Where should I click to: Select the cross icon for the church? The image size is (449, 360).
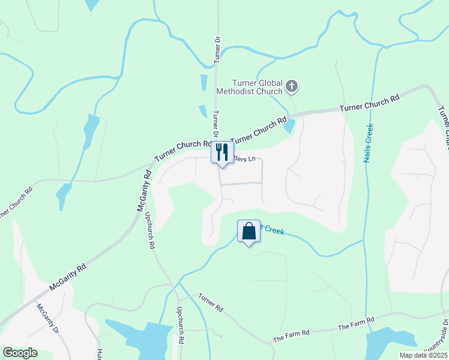point(292,87)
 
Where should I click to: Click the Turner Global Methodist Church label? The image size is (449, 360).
point(258,87)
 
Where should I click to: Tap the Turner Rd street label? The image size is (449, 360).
point(211,303)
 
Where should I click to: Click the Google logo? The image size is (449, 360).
point(20,353)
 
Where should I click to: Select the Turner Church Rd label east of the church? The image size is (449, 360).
point(369,103)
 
